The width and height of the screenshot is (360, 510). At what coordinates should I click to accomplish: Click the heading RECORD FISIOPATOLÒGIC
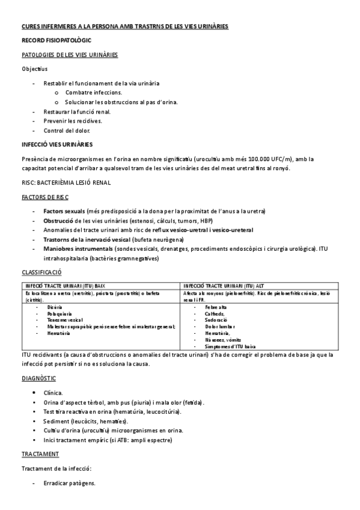coord(50,41)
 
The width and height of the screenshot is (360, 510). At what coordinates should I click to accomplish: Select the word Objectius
coord(34,69)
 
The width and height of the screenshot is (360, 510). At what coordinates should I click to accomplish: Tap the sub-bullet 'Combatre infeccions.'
coord(94,93)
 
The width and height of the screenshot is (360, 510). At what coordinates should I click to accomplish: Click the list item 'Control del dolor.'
coord(67,131)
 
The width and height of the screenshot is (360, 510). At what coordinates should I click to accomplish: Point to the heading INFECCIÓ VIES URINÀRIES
coord(57,144)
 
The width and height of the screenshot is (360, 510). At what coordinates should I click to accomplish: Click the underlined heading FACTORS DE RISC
coord(44,197)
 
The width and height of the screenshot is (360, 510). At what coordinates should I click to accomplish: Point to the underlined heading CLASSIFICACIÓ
coord(42,272)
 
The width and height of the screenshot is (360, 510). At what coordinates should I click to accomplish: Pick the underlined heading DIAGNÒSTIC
coord(39,378)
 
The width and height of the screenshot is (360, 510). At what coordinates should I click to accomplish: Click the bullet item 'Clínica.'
coord(53,392)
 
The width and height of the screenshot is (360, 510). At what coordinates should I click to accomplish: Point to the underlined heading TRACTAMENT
coord(40,453)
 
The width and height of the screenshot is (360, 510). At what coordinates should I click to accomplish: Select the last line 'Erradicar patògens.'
coord(69,483)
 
